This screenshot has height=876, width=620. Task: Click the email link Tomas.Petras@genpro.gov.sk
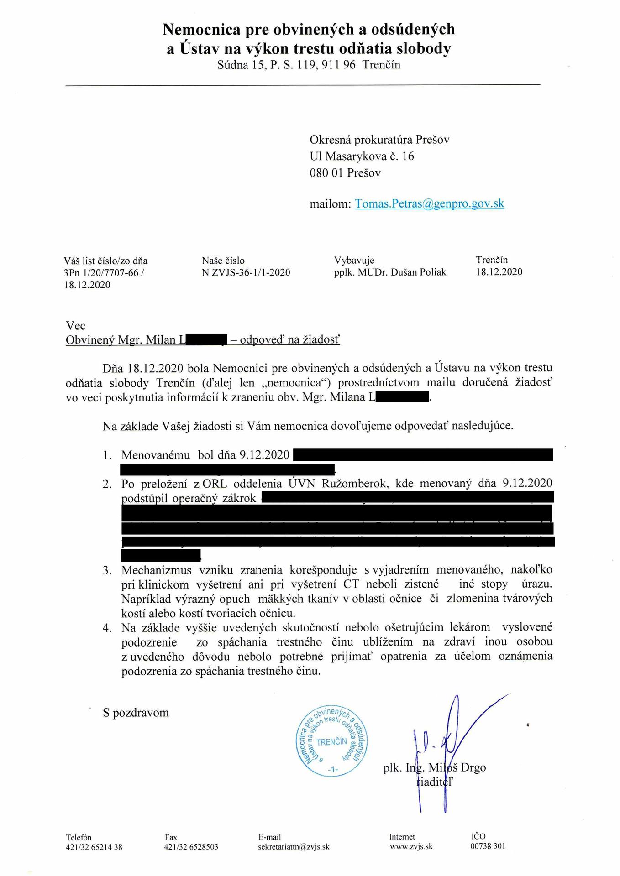tap(429, 203)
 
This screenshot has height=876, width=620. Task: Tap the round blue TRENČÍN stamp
tap(332, 742)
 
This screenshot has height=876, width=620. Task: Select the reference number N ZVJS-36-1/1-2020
tap(246, 272)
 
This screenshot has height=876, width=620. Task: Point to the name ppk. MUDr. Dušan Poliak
tap(390, 272)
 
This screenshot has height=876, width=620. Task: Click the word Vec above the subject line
tap(75, 326)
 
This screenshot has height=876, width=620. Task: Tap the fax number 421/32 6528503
tap(191, 847)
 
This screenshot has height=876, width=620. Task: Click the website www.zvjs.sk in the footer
tap(411, 846)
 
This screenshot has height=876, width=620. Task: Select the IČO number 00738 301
tap(488, 846)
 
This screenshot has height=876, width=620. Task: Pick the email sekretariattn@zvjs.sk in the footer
tap(294, 847)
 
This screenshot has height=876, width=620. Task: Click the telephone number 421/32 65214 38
tap(94, 847)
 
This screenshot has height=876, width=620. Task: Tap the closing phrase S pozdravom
tap(136, 713)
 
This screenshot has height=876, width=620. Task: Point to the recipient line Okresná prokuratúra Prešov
tap(379, 140)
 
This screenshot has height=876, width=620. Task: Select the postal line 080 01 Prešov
tap(345, 173)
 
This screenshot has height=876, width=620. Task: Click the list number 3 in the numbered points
tap(107, 570)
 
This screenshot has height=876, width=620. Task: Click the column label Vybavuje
tap(354, 260)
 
